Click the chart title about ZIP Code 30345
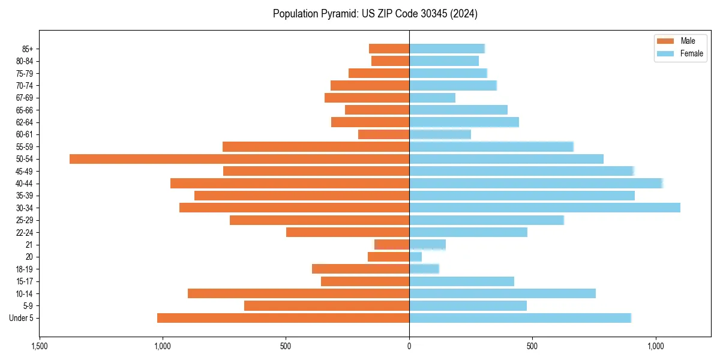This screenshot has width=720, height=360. [375, 14]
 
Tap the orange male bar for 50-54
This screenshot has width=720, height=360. [239, 159]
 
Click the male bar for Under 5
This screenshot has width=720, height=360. [283, 318]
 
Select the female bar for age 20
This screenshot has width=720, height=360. [416, 257]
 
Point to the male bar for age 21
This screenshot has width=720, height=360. [392, 245]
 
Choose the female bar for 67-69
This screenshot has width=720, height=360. [432, 98]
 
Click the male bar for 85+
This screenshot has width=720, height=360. [389, 49]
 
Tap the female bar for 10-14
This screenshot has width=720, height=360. [502, 293]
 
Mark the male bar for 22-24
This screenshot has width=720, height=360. [347, 232]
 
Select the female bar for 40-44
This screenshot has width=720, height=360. [536, 184]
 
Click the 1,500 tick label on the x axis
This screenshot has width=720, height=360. [40, 346]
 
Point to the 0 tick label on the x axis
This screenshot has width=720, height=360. [409, 346]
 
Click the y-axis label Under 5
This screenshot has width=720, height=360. [21, 318]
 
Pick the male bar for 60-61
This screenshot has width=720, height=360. [383, 134]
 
